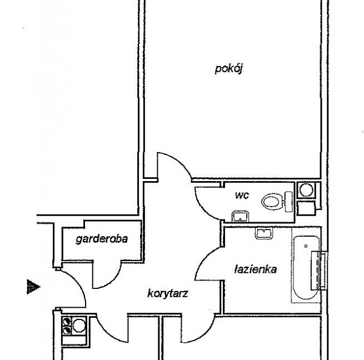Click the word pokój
click(x=228, y=69)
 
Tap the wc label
click(x=242, y=195)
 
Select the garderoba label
click(x=102, y=239)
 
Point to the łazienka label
click(x=256, y=269)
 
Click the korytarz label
click(x=167, y=294)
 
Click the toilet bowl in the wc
click(x=271, y=202)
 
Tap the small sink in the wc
click(x=240, y=216)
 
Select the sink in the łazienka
click(x=264, y=233)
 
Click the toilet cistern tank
click(x=288, y=202)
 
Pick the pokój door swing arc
click(x=179, y=161)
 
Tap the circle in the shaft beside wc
click(x=306, y=190)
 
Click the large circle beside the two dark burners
click(x=79, y=326)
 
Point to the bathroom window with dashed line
click(x=320, y=271)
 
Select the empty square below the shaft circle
click(x=306, y=208)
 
